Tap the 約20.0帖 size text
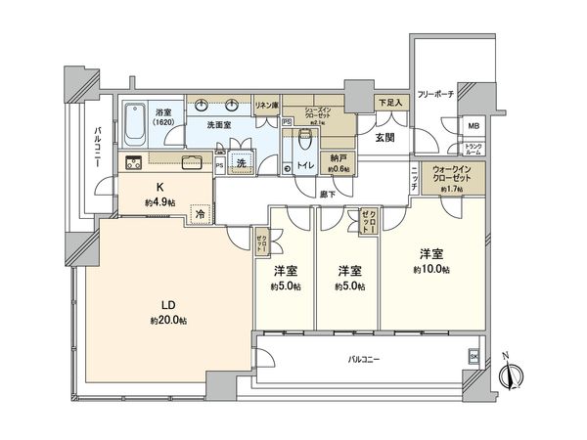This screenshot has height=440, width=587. point(168,321)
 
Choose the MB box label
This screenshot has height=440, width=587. point(473,127)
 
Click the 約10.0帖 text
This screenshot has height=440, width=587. point(429,269)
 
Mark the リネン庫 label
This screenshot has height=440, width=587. point(265,105)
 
